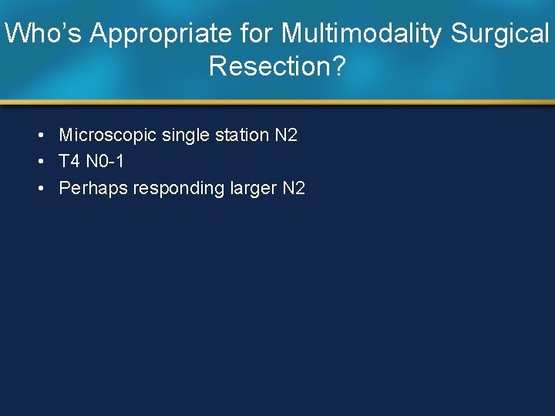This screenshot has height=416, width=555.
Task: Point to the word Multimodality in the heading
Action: (x=362, y=34)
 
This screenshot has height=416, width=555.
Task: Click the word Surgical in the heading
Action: (x=500, y=34)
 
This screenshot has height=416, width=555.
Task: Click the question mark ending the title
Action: (x=338, y=66)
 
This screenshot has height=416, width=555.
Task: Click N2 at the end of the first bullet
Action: (x=285, y=136)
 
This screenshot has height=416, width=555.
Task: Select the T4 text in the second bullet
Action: (x=69, y=162)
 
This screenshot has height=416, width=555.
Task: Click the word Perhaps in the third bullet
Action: (x=92, y=188)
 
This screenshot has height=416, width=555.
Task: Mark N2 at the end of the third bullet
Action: (x=294, y=188)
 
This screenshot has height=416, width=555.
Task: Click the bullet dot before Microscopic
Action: (x=39, y=136)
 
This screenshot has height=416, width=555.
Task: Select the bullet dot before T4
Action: (x=39, y=163)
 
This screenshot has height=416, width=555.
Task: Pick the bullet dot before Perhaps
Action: (x=39, y=189)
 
